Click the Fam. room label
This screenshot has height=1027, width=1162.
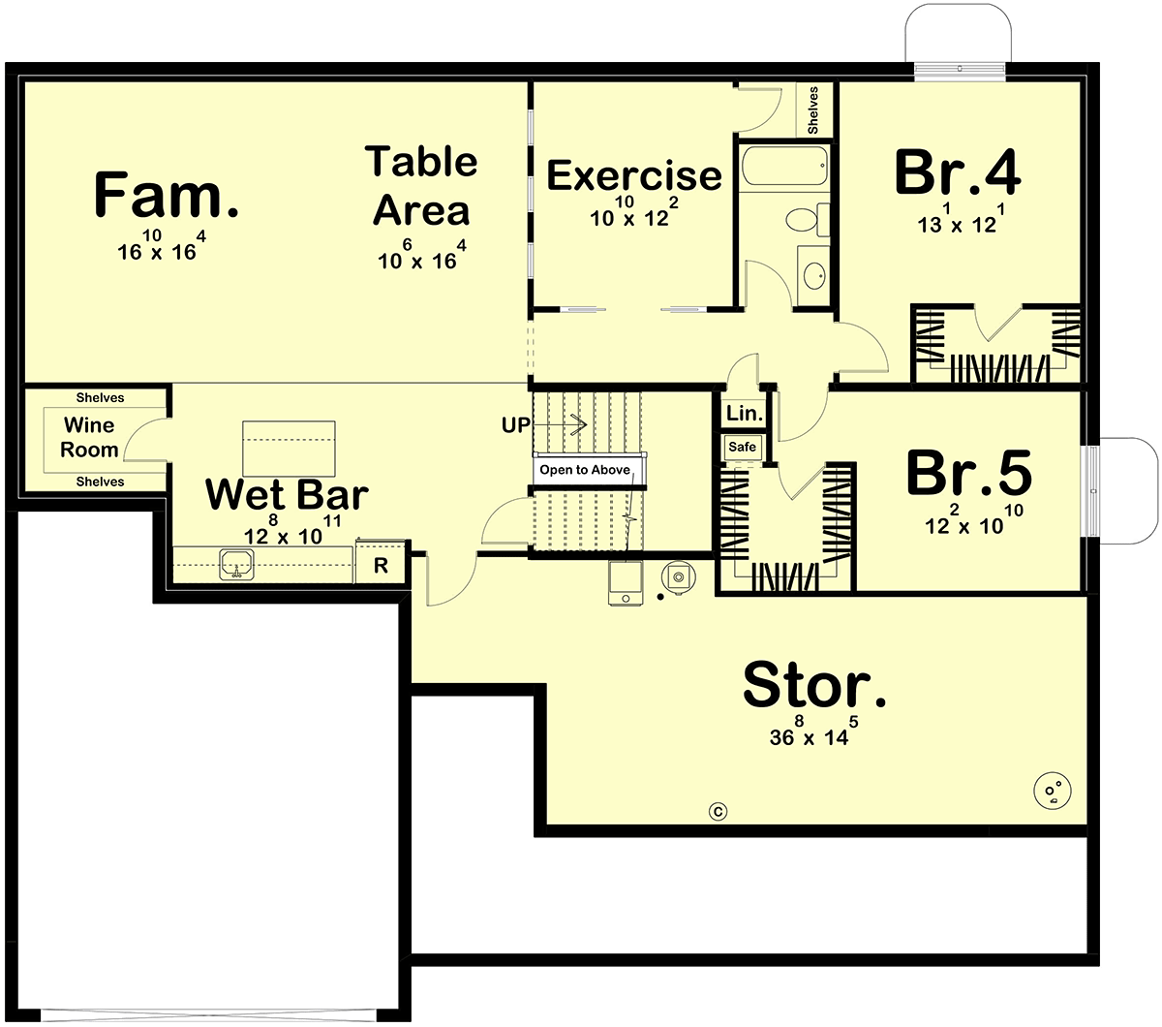[166, 194]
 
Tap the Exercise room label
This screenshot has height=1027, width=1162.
[634, 175]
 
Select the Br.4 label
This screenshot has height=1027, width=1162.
[958, 171]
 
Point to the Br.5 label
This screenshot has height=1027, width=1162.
[969, 473]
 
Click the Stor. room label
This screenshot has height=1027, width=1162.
[814, 684]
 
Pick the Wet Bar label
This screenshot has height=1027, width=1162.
[287, 494]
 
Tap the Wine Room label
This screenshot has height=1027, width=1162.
[89, 437]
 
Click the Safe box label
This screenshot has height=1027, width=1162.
[742, 447]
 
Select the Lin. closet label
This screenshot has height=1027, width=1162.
[745, 413]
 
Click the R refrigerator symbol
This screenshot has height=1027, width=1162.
[381, 566]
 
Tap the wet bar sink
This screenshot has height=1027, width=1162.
[237, 564]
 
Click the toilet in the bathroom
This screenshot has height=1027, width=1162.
[808, 220]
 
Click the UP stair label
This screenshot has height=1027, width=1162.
[515, 424]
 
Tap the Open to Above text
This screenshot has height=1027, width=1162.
[585, 470]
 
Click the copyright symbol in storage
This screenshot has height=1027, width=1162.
[719, 812]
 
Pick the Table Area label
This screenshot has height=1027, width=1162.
[421, 186]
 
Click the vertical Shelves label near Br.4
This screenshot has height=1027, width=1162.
[812, 110]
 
